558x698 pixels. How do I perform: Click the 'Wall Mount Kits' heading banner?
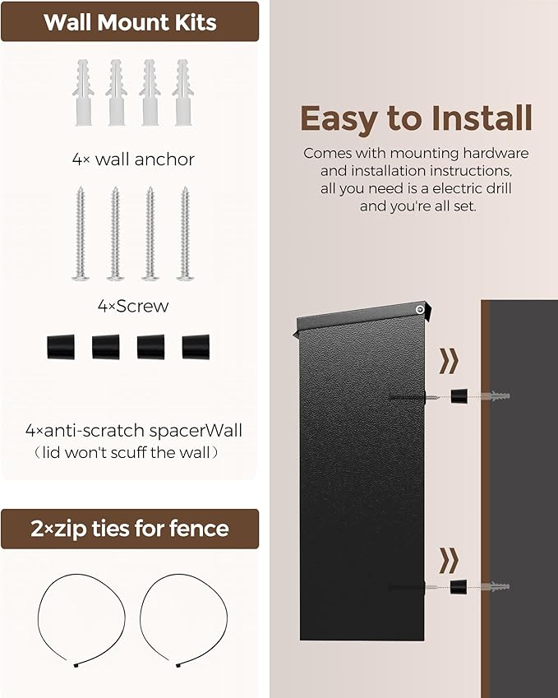click(129, 21)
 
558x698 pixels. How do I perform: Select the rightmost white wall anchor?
click(182, 92)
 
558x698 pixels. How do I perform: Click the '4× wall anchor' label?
click(132, 159)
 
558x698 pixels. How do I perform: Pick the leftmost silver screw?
click(81, 233)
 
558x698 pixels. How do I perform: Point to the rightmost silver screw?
click(184, 233)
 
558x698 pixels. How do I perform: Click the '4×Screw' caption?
click(132, 306)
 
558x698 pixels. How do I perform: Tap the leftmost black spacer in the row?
click(61, 346)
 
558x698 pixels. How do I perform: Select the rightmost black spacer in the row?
click(196, 346)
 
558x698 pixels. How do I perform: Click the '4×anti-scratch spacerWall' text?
click(132, 430)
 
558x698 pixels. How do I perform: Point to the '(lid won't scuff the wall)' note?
click(132, 453)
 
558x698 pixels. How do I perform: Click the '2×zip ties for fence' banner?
click(129, 529)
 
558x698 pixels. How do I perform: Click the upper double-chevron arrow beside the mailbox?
click(449, 361)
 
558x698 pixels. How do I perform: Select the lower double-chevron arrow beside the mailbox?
click(449, 561)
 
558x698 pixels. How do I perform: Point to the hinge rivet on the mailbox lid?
click(420, 309)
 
